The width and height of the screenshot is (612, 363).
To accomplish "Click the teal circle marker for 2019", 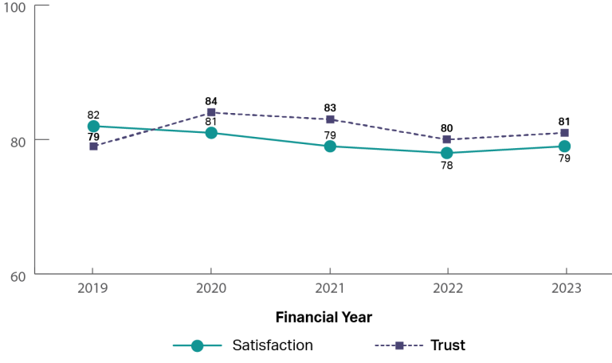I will coord(93,126).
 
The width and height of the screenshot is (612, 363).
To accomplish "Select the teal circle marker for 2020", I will coord(211,133).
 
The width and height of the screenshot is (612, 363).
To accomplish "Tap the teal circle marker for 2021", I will coord(330,146).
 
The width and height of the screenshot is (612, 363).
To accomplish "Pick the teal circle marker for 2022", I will coord(447,153).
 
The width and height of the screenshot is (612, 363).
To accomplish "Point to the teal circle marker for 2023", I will coord(564,146).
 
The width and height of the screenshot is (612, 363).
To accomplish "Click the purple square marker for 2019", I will coord(93,146).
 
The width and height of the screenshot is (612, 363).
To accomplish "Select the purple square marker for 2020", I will coord(211,112).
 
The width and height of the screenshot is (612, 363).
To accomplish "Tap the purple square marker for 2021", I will coord(330,119).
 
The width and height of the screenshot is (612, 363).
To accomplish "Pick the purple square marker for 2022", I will coord(447,139).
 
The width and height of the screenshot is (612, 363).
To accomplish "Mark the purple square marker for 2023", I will coord(564,133).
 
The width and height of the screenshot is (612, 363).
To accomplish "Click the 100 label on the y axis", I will coord(16,7).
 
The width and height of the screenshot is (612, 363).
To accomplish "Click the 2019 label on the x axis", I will coord(93,289).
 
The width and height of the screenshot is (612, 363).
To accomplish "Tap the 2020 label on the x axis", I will coord(211,289).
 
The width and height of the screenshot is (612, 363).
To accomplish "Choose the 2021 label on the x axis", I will coord(330,289).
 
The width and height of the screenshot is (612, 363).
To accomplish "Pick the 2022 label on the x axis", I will coord(447,289).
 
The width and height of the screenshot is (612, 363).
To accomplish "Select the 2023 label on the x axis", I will coord(564,289).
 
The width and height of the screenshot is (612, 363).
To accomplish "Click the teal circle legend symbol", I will coord(198,345).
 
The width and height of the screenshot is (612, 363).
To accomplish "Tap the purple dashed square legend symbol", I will coord(399,345).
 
